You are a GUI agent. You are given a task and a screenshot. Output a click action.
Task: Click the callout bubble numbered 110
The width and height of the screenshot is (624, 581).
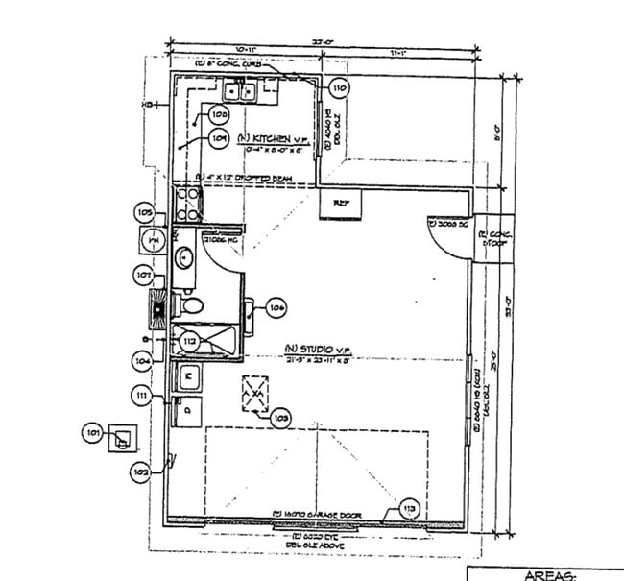(338, 87)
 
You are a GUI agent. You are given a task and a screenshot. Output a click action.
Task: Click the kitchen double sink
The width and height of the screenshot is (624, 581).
(239, 91)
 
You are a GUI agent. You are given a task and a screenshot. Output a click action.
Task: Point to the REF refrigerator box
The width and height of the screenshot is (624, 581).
(341, 204)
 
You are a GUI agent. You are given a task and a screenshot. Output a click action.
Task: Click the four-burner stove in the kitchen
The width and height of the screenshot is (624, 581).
(187, 203)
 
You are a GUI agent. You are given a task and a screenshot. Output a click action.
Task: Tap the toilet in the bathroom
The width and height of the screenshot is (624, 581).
(190, 306)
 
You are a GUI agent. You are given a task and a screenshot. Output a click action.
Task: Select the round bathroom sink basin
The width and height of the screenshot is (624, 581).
(184, 256)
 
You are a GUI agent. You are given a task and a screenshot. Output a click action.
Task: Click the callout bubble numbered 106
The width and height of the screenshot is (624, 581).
(276, 308)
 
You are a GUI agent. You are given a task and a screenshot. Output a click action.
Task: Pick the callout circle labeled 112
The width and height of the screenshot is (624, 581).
(190, 339)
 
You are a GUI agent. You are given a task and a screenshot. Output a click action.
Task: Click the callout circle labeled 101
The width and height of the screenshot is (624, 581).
(94, 434)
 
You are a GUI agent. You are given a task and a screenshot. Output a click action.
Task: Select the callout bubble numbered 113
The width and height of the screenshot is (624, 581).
(410, 508)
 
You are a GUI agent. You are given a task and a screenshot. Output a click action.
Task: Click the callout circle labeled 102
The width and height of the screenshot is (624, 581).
(140, 472)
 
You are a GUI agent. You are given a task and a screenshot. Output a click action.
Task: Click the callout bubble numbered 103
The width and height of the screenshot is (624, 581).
(281, 418)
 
